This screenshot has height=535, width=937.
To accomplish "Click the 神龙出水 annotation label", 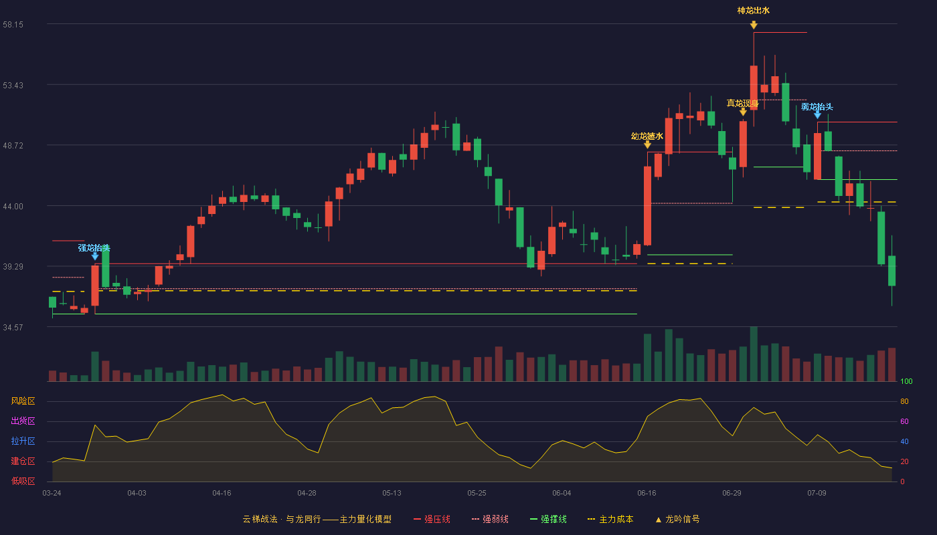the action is click(754, 11).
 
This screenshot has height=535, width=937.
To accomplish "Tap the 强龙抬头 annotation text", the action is click(94, 248).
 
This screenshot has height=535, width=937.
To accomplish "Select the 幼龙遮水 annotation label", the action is click(647, 136).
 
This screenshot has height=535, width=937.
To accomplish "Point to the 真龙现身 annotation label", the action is click(742, 103).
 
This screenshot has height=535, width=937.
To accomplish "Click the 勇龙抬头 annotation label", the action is click(817, 106).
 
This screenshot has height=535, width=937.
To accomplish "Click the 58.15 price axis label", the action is click(13, 25).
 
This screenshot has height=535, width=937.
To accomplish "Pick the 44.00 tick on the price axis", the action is click(13, 207).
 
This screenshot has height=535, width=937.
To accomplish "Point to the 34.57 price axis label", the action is click(13, 327).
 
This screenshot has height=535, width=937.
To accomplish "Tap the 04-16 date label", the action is click(222, 494).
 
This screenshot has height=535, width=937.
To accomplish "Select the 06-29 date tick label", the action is click(732, 494).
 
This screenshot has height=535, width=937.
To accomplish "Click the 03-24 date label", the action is click(52, 494).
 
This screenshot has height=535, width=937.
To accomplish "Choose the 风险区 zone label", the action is click(23, 401).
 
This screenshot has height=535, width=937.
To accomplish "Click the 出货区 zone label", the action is click(23, 421).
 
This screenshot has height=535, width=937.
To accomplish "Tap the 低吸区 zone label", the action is click(23, 481).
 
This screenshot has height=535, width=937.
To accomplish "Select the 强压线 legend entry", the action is click(432, 519).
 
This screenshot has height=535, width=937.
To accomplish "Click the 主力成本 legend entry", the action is click(610, 519).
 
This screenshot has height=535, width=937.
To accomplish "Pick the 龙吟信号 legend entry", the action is click(677, 519).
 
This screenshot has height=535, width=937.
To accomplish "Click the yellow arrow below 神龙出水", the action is click(754, 25).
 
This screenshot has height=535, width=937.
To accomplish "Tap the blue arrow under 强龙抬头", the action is click(95, 256).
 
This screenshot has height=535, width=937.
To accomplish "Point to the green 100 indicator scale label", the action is click(906, 381).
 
